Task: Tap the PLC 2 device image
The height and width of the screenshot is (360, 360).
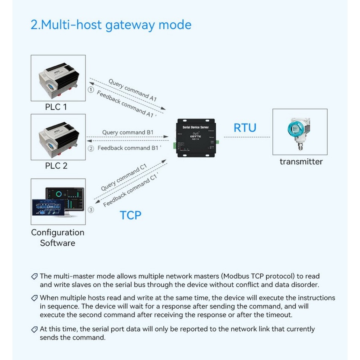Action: [58, 137]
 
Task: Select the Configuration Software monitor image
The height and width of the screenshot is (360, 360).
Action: [58, 202]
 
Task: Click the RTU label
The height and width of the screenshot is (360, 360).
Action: [245, 128]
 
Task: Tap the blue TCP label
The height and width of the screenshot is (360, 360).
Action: [130, 215]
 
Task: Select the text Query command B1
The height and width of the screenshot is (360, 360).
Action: [128, 132]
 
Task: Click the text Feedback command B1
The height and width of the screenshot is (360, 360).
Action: [130, 148]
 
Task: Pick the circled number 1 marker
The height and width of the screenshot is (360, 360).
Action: [91, 90]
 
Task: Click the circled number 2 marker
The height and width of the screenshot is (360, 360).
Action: [91, 148]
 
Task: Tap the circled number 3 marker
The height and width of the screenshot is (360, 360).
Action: [91, 210]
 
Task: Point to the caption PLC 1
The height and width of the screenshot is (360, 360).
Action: [56, 107]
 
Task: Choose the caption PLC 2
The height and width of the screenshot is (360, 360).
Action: [56, 166]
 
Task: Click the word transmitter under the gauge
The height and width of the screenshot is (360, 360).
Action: [301, 162]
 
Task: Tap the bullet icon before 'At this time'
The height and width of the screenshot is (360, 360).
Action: [34, 330]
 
